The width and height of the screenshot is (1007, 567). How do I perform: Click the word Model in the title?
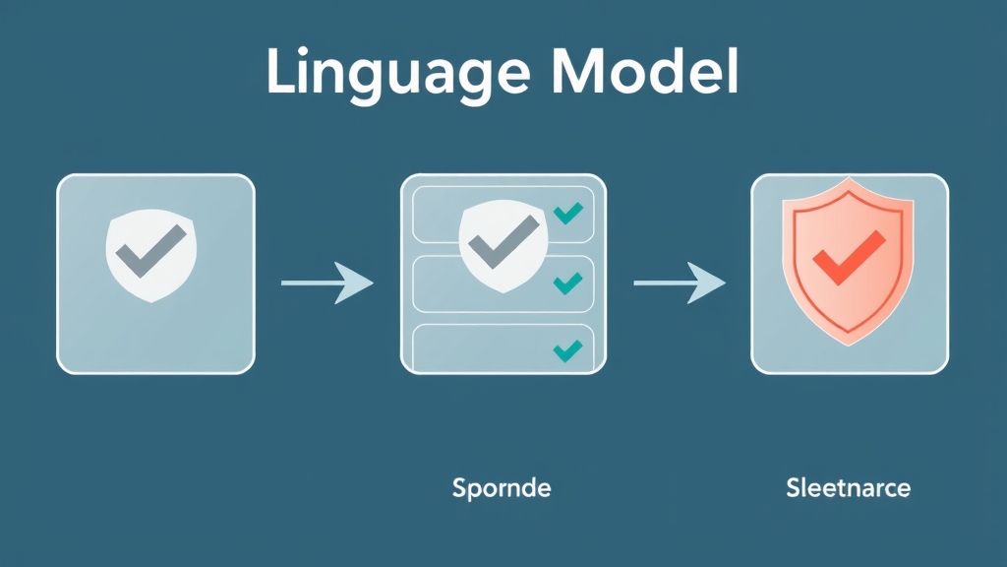click(x=645, y=71)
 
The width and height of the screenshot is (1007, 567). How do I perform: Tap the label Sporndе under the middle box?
click(x=501, y=488)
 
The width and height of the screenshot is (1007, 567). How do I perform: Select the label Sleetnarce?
click(x=848, y=488)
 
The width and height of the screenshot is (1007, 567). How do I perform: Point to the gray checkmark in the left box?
click(x=150, y=251)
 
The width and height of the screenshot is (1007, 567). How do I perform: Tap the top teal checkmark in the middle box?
click(x=567, y=213)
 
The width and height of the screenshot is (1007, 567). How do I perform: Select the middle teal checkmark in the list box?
click(x=567, y=283)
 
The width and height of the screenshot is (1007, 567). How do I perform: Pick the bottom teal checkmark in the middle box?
click(x=567, y=351)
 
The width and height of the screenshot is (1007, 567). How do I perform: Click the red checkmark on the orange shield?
click(x=849, y=257)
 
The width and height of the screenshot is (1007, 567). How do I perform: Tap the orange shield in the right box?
click(x=848, y=261)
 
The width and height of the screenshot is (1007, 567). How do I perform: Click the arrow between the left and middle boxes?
click(x=326, y=283)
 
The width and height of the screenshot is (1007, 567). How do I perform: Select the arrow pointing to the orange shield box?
click(x=680, y=283)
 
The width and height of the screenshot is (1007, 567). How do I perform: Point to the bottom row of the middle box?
click(x=503, y=349)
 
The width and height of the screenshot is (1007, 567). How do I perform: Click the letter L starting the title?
click(x=281, y=71)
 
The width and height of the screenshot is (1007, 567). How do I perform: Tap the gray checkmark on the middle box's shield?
click(x=503, y=242)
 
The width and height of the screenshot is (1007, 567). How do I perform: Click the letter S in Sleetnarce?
click(x=794, y=488)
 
